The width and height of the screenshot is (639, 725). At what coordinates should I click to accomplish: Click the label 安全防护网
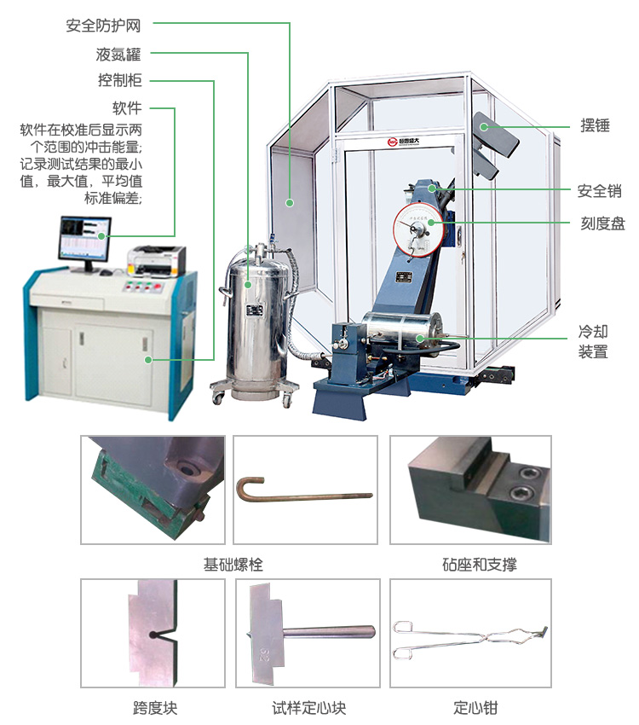point(103,26)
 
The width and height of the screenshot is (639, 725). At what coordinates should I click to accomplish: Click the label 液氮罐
point(118,55)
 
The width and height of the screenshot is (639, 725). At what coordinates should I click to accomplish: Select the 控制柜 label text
point(118,81)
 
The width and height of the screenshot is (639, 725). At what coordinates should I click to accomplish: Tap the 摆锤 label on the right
point(596,125)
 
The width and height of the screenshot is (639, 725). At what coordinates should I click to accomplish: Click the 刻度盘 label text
point(602,223)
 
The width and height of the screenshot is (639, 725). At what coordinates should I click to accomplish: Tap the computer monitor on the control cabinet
point(83,239)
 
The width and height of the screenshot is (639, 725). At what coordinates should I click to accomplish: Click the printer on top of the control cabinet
point(156,258)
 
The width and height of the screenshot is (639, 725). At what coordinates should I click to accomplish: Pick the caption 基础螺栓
point(233,565)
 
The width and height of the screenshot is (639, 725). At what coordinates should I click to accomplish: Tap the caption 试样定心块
point(308,708)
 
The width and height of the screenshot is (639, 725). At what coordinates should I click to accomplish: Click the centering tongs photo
point(470,638)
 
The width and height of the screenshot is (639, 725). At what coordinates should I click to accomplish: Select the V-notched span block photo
point(153,633)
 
